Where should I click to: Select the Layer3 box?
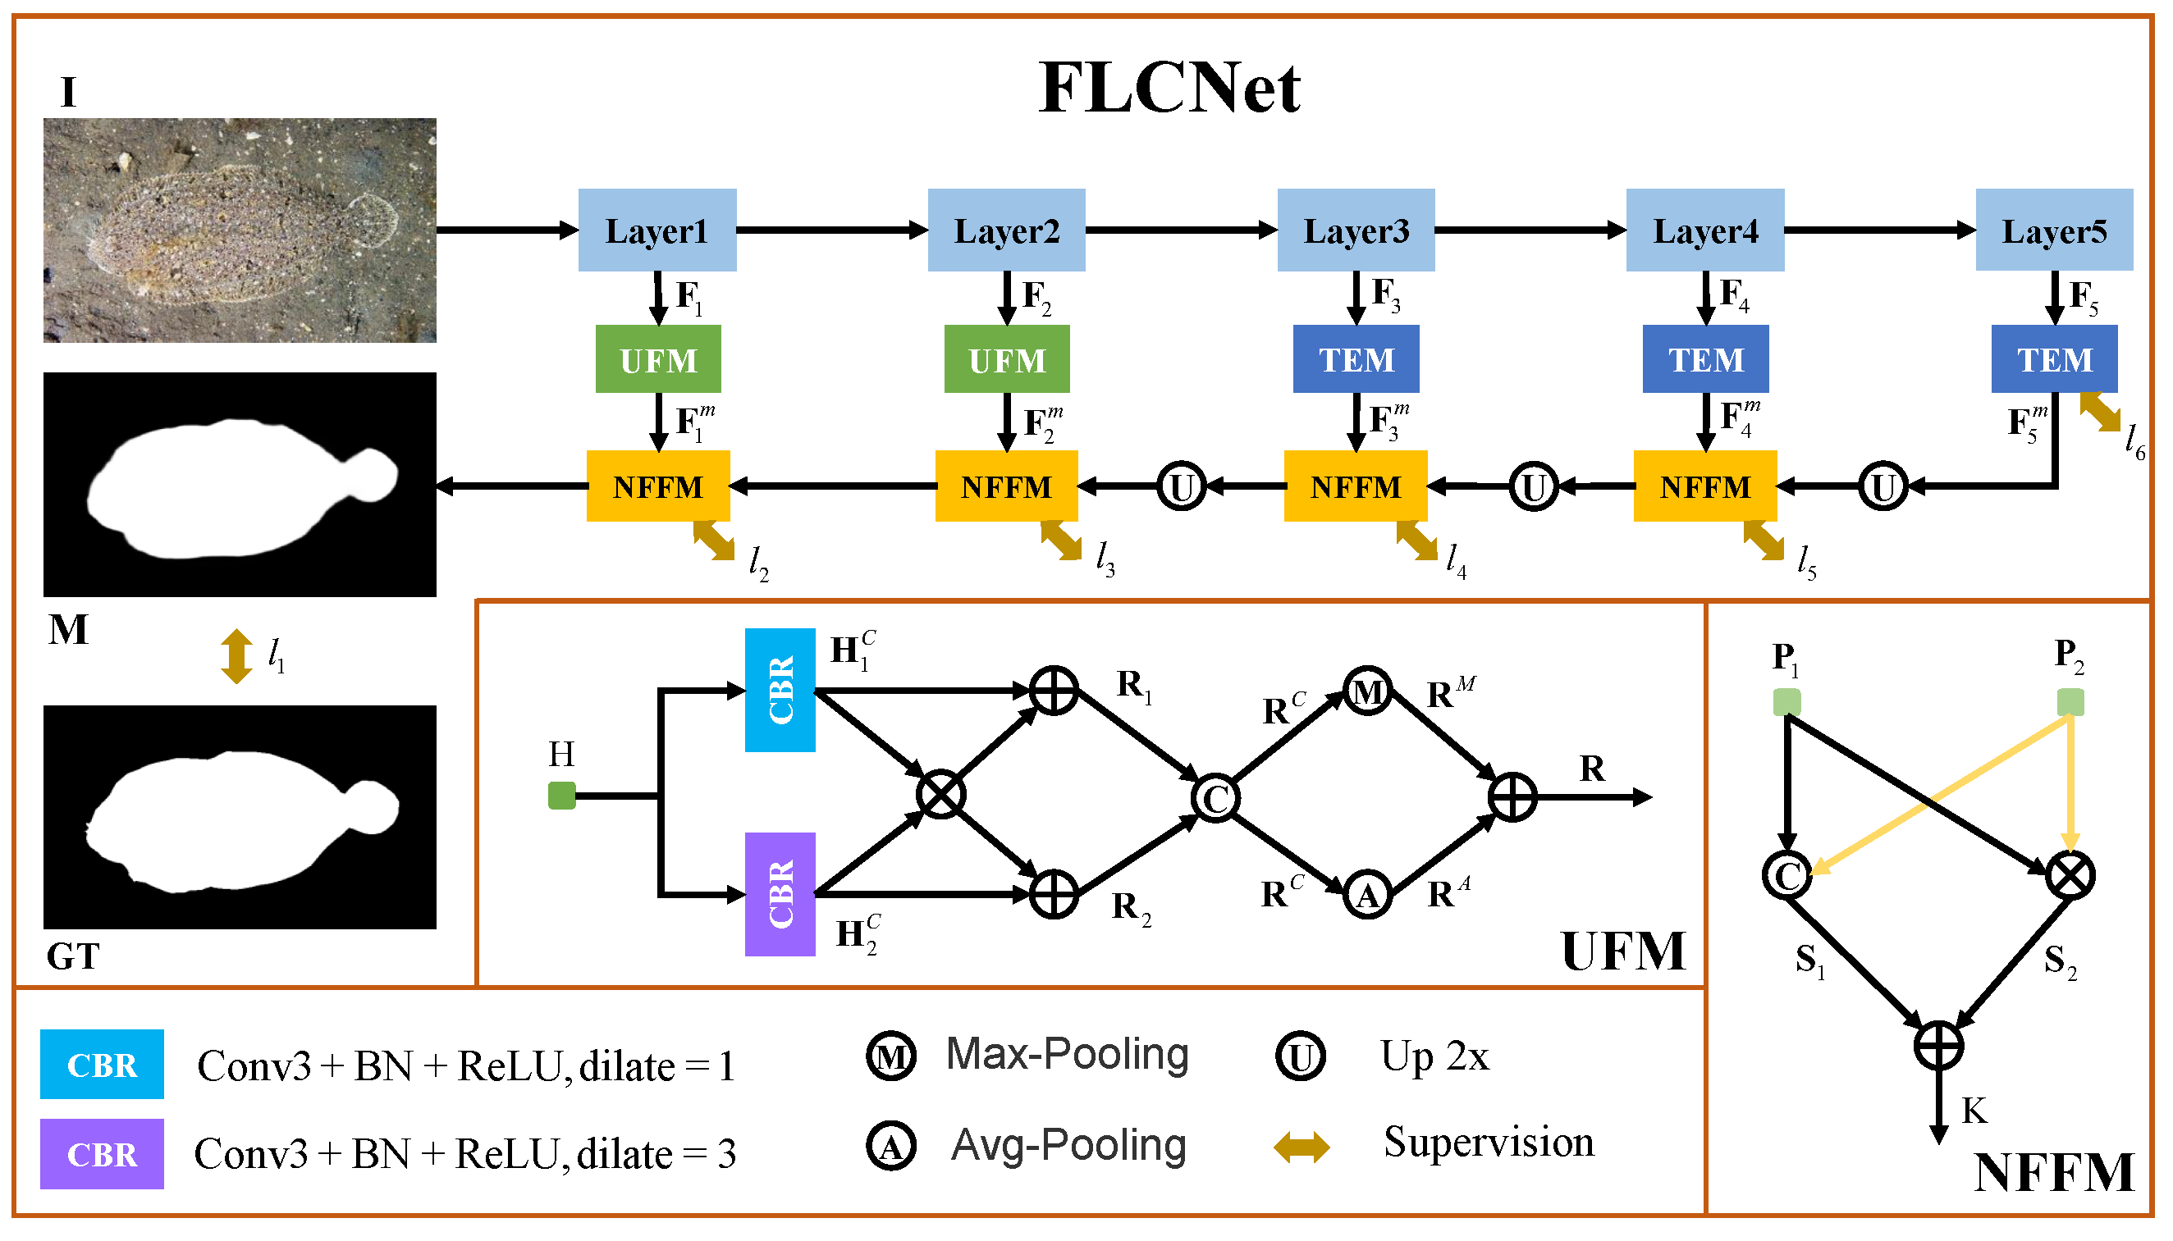pos(1355,230)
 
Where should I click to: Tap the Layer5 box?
pos(2053,230)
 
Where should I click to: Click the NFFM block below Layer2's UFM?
pos(1005,486)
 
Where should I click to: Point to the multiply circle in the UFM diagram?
pos(940,794)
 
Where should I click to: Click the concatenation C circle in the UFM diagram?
pos(1215,798)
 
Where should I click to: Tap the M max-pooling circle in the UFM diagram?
pos(1366,691)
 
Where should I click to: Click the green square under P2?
pos(2069,702)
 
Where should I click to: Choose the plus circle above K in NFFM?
pos(1937,1044)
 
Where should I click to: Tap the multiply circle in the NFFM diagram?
pos(2069,875)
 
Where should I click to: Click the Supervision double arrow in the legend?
pos(1300,1147)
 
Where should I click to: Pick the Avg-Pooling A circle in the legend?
pos(890,1147)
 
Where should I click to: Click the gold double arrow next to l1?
pos(236,655)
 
